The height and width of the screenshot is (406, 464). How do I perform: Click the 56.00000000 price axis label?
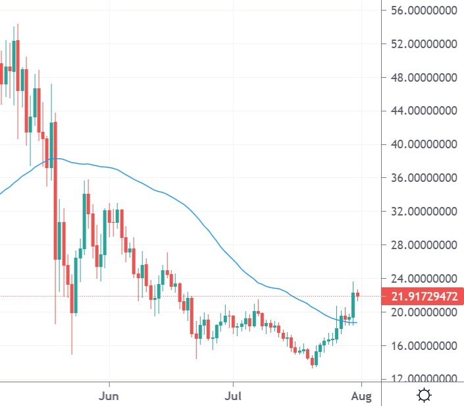point(422,11)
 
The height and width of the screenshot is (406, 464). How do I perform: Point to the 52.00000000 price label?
point(422,44)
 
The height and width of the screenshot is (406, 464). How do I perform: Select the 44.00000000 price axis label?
point(422,111)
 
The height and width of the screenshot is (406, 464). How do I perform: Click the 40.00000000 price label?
point(422,144)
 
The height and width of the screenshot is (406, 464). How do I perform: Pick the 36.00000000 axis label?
point(422,178)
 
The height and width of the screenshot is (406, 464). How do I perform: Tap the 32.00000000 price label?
point(422,212)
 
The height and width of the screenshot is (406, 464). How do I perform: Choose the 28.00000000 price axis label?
point(422,245)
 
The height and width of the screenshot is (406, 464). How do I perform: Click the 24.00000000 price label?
point(422,279)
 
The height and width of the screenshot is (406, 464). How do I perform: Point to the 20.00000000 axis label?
point(422,312)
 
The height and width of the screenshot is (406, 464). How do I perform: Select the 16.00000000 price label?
point(422,346)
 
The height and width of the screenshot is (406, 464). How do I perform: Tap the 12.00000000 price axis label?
point(422,379)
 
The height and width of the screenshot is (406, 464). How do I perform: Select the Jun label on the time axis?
point(108,396)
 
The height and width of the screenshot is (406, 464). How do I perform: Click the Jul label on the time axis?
point(232,396)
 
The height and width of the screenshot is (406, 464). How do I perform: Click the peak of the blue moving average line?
point(57,159)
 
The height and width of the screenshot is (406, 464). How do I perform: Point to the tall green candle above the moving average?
point(353,304)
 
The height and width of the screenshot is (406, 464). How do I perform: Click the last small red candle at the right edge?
point(357,295)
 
